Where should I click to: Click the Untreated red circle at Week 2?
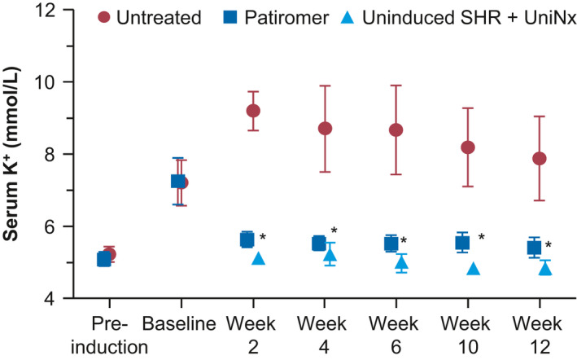pyautogui.click(x=252, y=111)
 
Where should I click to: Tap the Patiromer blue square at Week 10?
pyautogui.click(x=462, y=242)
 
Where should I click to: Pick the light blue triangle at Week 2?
pyautogui.click(x=259, y=258)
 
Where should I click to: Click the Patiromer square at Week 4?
pyautogui.click(x=319, y=243)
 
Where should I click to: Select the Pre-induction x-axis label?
pyautogui.click(x=104, y=336)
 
